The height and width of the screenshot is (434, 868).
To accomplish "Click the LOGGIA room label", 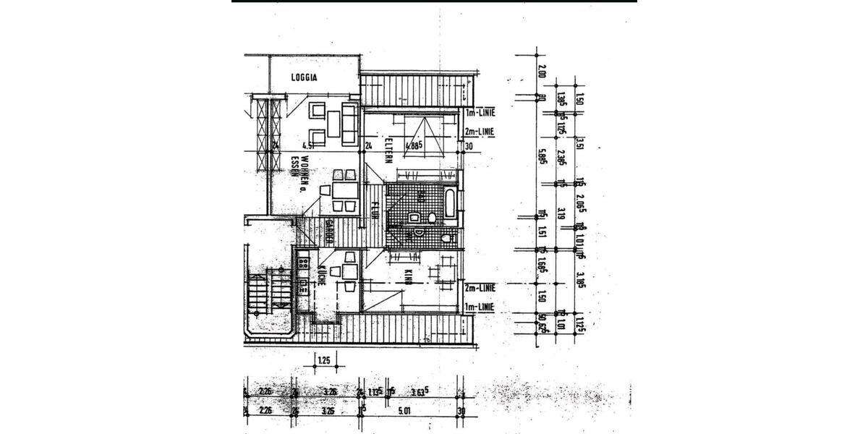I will [305, 77].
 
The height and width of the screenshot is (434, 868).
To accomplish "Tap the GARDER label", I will [328, 231].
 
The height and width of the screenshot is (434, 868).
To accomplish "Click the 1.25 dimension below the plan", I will [324, 359].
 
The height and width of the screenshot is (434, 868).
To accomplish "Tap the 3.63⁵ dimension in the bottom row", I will [418, 393].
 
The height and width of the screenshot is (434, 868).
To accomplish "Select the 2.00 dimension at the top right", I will [541, 73].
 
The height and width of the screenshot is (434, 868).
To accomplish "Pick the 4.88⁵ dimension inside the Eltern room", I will [413, 145].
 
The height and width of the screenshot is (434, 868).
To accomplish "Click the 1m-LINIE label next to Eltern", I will [479, 114].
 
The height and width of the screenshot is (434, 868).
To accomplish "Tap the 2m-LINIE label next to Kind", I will [479, 287].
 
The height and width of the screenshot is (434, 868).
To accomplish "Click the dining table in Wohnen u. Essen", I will [341, 191].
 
